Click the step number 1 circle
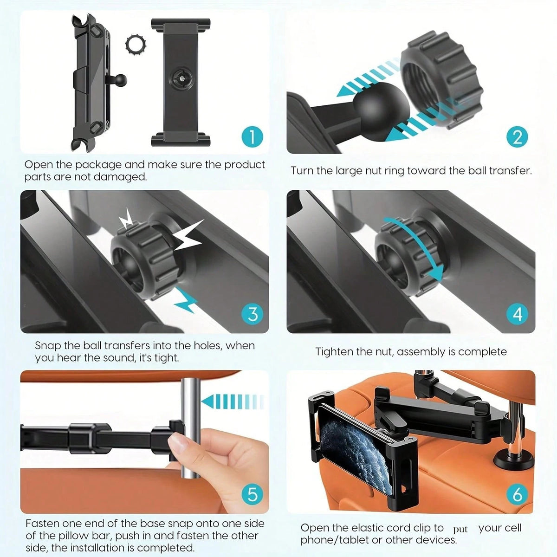click(253, 137)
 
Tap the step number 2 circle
click(517, 137)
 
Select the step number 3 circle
click(253, 314)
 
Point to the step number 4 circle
click(517, 314)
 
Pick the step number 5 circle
click(253, 494)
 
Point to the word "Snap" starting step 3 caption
click(46, 345)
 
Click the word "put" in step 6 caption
click(460, 530)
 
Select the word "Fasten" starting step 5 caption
click(42, 523)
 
